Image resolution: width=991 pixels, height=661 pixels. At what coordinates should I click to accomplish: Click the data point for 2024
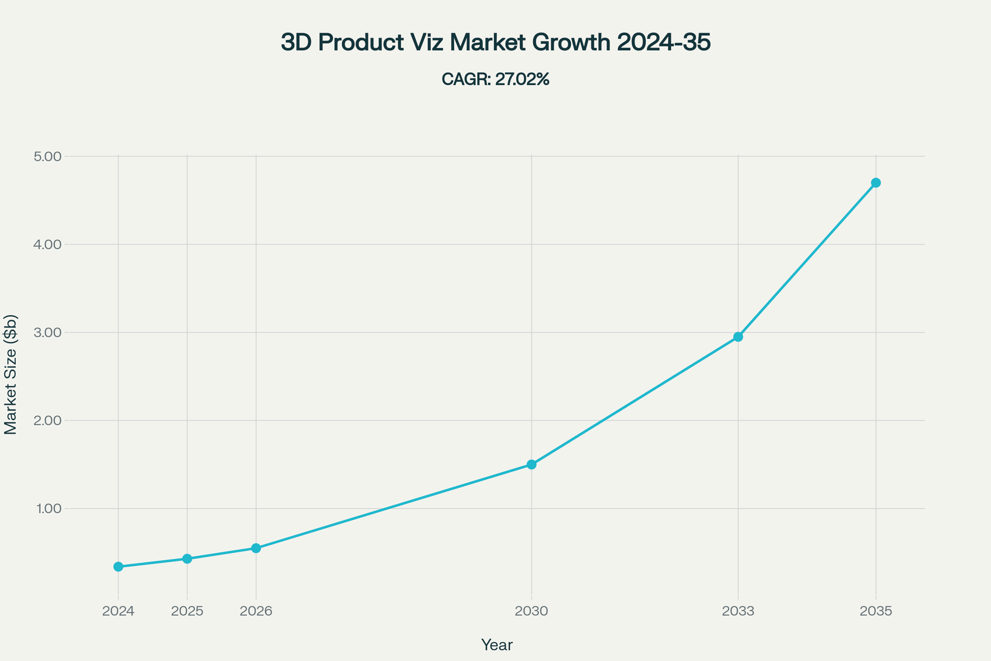pos(119,566)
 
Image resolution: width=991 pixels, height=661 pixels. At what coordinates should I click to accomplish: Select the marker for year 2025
pos(187,559)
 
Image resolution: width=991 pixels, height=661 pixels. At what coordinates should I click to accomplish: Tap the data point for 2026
pos(256,548)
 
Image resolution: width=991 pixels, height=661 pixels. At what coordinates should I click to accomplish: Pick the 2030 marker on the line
pos(532,464)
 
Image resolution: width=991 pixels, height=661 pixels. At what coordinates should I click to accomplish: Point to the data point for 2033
pos(738,337)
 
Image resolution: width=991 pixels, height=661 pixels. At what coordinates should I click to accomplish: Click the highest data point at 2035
pos(876,183)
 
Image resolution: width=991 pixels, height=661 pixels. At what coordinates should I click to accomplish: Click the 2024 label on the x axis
pos(119,611)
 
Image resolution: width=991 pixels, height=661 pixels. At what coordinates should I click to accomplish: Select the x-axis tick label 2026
pos(256,611)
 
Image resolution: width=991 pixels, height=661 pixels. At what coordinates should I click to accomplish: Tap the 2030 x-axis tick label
pos(532,611)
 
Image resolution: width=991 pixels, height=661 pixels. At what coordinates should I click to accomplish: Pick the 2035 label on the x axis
pos(876,611)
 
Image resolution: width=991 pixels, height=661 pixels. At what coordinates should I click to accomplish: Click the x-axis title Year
pos(497,645)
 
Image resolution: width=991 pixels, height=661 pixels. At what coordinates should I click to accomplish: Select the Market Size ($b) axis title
pos(11,375)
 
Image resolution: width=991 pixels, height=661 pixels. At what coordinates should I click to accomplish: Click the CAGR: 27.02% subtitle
pos(495,79)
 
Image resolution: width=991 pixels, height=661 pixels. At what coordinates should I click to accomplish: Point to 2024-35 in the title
pos(664,43)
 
